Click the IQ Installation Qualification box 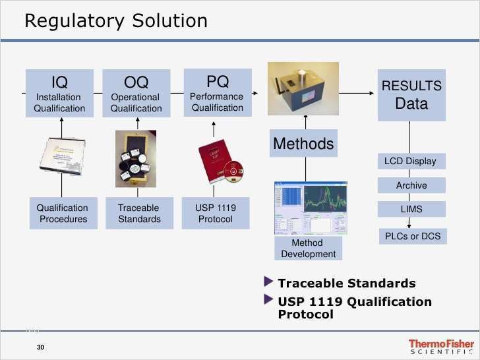(x=59, y=93)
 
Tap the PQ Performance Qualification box (x=217, y=92)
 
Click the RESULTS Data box (x=411, y=95)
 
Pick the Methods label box (x=303, y=143)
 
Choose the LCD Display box (x=410, y=162)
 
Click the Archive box (x=411, y=185)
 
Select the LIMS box (x=411, y=209)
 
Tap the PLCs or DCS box (x=412, y=236)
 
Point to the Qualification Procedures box (x=63, y=213)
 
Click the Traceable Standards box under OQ (x=138, y=213)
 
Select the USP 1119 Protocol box (x=215, y=213)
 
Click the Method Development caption (x=308, y=249)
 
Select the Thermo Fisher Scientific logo (x=440, y=347)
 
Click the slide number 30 (x=40, y=347)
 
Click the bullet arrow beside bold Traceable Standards (x=268, y=282)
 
